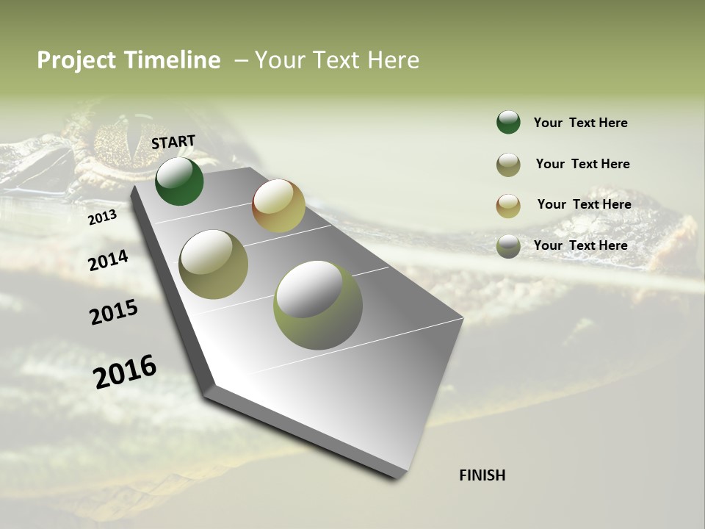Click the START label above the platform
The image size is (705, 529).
point(173,142)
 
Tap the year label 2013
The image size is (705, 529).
point(102,217)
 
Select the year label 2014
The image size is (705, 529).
point(109,260)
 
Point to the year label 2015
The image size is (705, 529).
point(114,312)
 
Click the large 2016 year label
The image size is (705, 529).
point(125,371)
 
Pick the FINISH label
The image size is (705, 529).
point(482,475)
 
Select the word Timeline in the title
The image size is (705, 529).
point(173,60)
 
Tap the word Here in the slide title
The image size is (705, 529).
point(393,60)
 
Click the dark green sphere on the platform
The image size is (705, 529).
point(179,181)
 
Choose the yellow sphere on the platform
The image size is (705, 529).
point(278,206)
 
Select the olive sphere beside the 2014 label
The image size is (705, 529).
point(214,264)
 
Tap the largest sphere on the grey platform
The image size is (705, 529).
point(318,305)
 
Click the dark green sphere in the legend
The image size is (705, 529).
point(508,122)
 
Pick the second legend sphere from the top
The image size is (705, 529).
point(508,165)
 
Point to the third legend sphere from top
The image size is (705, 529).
point(508,206)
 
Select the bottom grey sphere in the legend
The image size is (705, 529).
point(508,246)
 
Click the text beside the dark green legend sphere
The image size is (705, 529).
point(580,123)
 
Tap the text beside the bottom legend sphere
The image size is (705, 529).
point(580,245)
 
